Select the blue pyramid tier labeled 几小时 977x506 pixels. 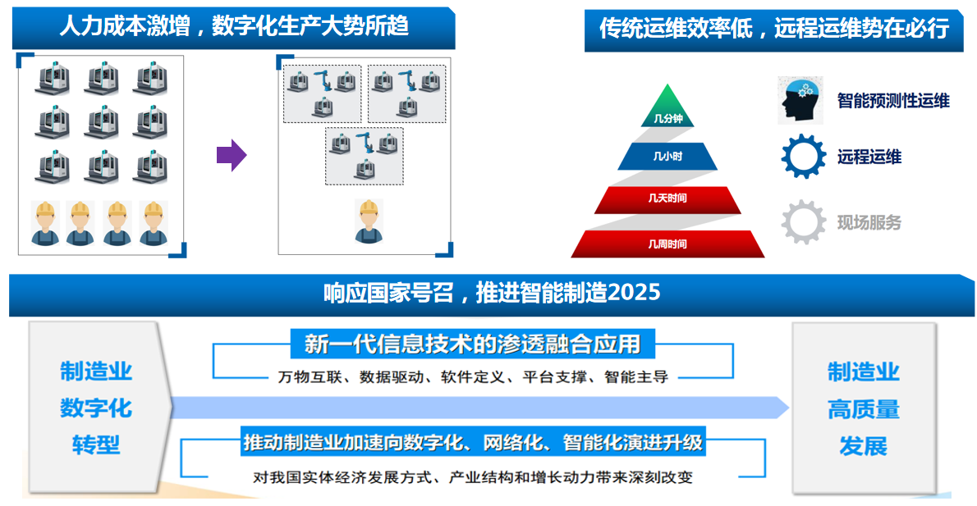point(667,156)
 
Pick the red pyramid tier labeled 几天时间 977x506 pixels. point(667,198)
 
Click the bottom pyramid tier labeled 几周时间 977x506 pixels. point(667,244)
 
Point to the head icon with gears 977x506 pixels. point(800,100)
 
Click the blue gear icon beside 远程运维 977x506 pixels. point(803,156)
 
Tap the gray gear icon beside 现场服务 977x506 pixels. point(803,221)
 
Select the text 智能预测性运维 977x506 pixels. point(893,101)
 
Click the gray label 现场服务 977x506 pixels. point(869,222)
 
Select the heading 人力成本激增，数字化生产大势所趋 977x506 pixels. point(234,26)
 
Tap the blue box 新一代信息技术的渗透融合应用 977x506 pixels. point(472,344)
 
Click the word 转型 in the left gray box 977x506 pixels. point(95,444)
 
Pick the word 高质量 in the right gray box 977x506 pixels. point(863,408)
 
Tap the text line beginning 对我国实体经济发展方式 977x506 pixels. point(472,477)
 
